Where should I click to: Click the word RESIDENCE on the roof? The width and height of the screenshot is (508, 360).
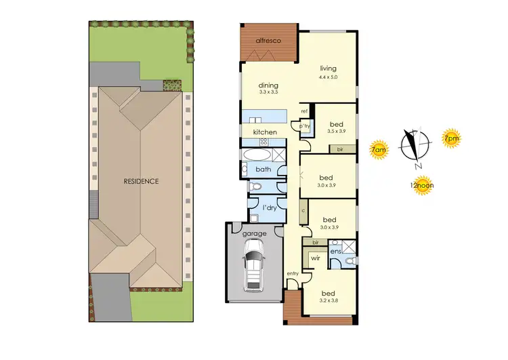click(141, 181)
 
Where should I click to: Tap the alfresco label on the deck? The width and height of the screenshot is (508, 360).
click(269, 41)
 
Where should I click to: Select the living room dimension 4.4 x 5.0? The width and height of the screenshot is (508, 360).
click(329, 77)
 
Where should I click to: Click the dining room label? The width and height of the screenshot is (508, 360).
click(268, 85)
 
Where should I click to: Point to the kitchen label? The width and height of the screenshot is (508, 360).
click(264, 132)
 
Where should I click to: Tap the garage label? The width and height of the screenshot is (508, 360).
click(255, 234)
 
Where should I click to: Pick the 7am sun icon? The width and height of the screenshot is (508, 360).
click(379, 147)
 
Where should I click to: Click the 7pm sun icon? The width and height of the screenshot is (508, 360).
click(450, 139)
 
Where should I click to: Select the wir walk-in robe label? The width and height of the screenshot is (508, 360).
click(315, 258)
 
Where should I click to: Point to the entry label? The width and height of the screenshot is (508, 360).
click(293, 273)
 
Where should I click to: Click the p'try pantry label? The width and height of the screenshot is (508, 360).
click(304, 125)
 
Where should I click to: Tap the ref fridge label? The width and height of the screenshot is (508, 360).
click(304, 111)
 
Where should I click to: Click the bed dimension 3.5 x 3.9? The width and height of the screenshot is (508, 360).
click(337, 131)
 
